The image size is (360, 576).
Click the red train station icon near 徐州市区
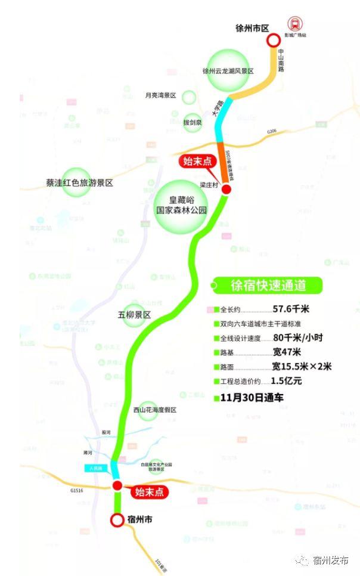294,24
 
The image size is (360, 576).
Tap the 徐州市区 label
252,28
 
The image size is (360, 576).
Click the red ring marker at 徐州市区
273,41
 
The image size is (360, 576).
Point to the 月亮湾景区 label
161,95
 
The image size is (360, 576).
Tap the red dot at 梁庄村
226,189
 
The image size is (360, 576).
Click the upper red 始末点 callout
197,162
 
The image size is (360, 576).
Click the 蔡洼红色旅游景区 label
79,183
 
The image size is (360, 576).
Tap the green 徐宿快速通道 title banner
268,286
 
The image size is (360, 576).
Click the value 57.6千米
291,309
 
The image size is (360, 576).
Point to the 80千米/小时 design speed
297,337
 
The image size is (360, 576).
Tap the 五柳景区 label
135,314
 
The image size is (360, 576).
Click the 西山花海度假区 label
154,410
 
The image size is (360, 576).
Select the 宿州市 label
140,519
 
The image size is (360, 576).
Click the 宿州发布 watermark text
330,560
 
